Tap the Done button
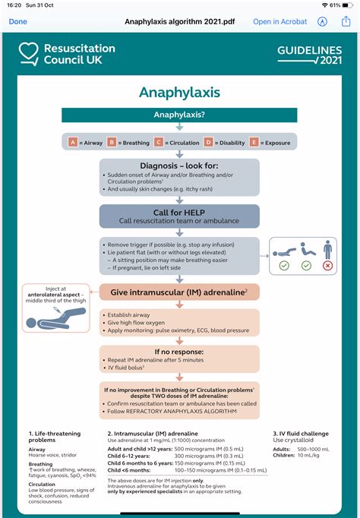(x=17, y=22)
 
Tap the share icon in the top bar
(x=346, y=21)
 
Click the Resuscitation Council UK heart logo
(x=29, y=53)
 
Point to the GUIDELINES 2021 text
(x=309, y=53)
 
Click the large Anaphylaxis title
(x=179, y=93)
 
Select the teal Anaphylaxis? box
(x=179, y=115)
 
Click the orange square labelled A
(x=73, y=142)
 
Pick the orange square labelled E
(x=254, y=142)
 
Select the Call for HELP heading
(x=179, y=211)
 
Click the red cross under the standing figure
(x=328, y=266)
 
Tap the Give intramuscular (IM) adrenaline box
(x=179, y=292)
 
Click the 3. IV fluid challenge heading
(x=301, y=433)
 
